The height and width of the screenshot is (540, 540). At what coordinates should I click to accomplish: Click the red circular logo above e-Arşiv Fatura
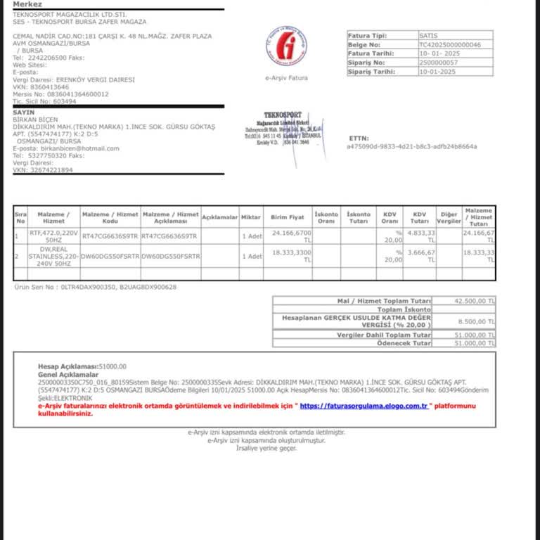[286, 47]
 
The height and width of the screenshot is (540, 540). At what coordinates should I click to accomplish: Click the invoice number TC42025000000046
[450, 44]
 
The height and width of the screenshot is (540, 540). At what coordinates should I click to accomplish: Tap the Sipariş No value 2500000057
[437, 63]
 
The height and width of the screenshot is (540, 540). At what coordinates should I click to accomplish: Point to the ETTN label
[359, 139]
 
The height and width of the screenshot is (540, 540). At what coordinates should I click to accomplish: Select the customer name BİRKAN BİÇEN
[35, 120]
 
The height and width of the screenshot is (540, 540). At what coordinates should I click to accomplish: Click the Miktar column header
[251, 217]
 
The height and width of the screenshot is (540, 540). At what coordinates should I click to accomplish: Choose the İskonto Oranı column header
[326, 217]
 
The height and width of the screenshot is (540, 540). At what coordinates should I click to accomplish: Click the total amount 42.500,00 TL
[475, 300]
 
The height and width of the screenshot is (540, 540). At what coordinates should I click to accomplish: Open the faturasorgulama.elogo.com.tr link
[364, 406]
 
